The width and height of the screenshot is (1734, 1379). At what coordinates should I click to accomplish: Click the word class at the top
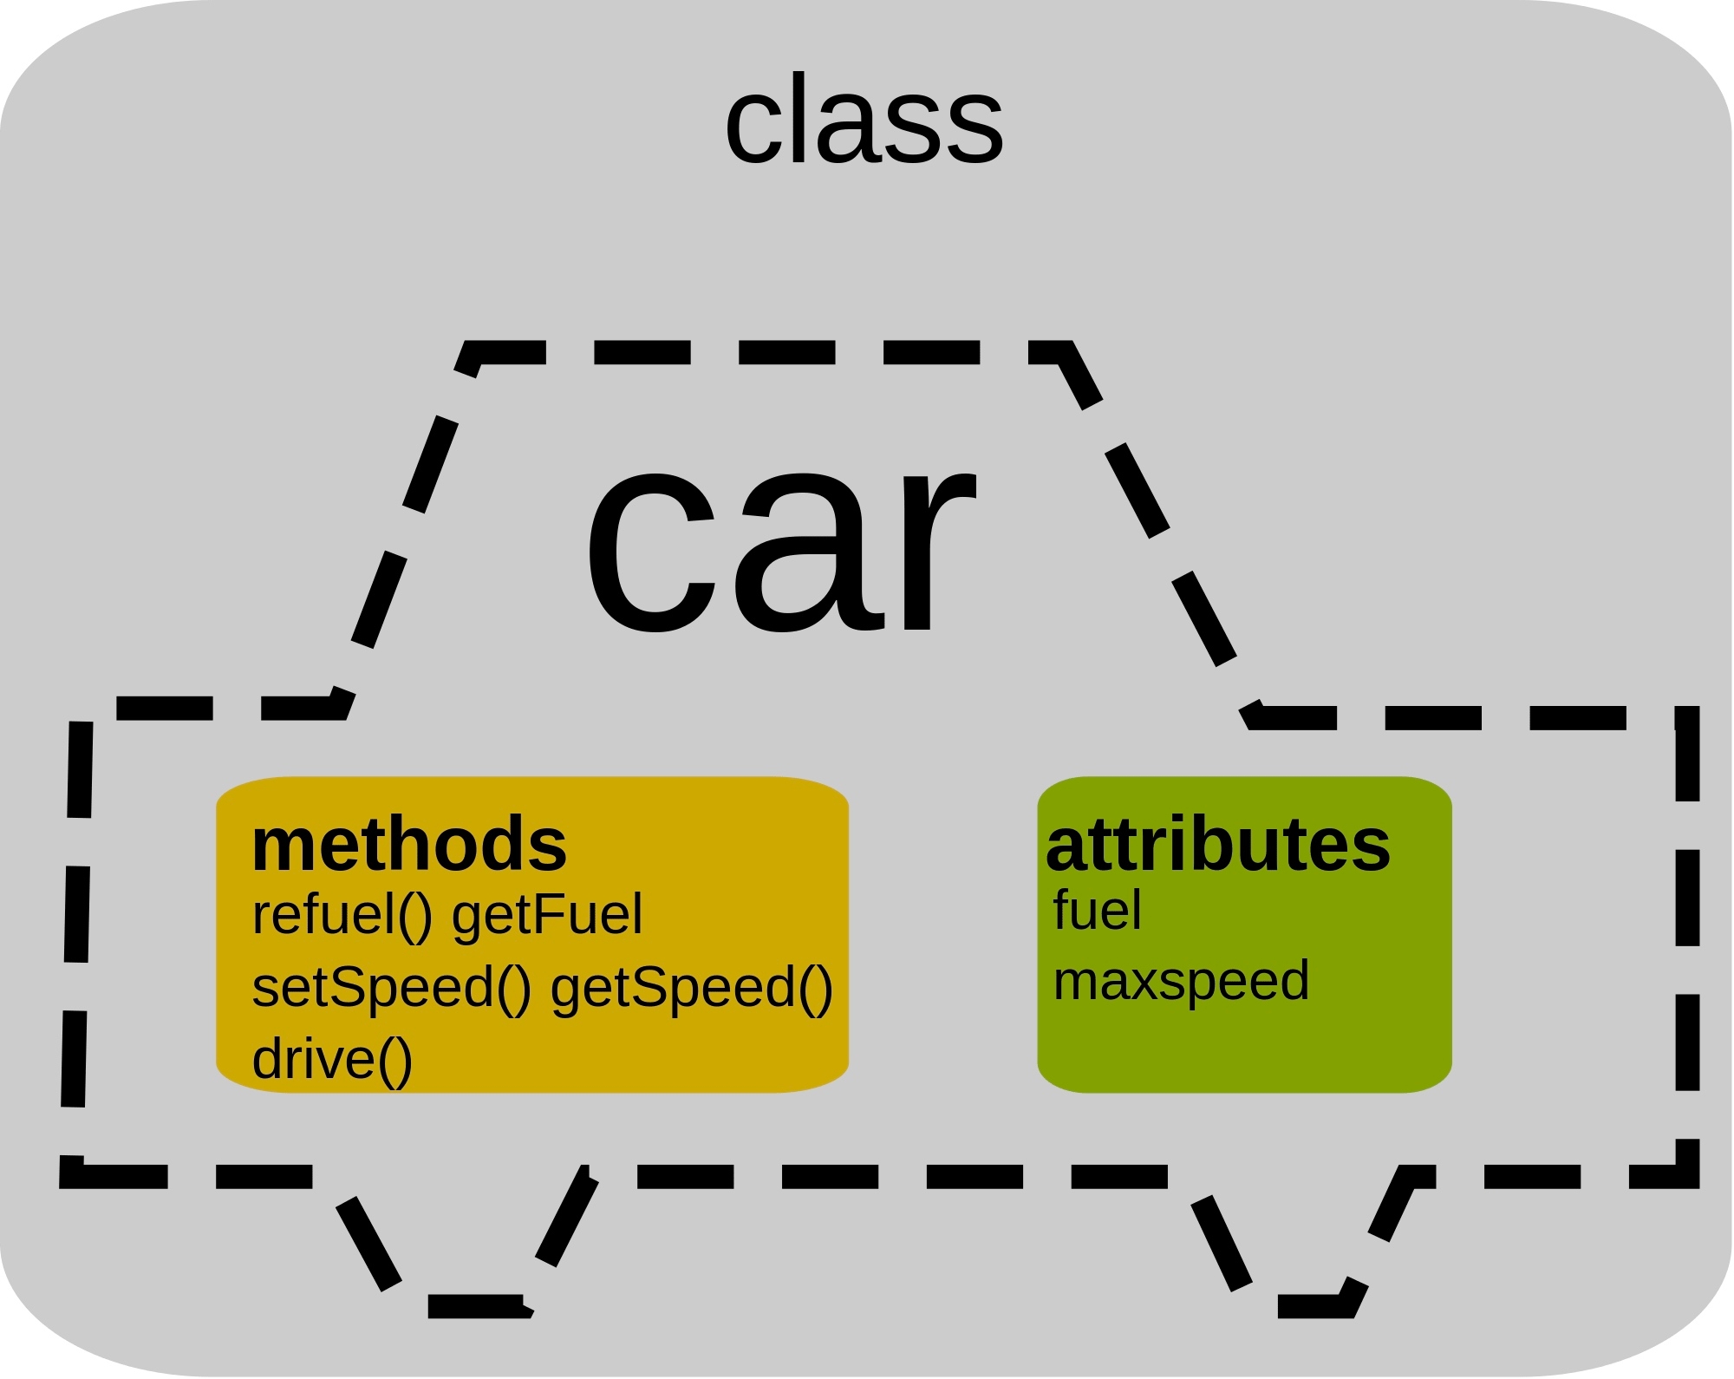coord(864,121)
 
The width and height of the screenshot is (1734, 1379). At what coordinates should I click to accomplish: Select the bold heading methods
coord(409,845)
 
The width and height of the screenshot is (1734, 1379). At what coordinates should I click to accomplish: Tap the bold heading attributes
coord(1218,845)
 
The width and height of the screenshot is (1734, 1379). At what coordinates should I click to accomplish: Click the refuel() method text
coord(342,915)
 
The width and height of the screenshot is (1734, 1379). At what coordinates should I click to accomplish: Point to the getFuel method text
coord(547,915)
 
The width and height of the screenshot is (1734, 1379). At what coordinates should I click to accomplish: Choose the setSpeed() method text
coord(391,988)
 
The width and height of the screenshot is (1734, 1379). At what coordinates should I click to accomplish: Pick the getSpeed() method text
coord(691,988)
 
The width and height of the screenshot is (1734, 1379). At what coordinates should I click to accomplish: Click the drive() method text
coord(332,1060)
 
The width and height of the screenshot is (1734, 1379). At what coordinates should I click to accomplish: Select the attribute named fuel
coord(1097,911)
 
